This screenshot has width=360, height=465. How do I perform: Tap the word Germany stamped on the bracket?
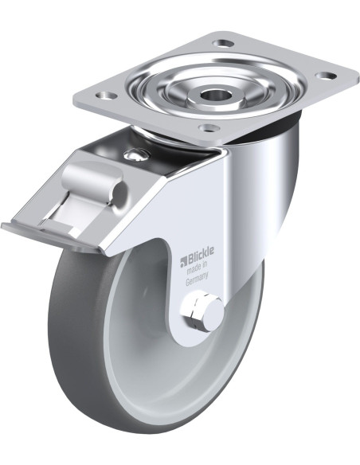197,279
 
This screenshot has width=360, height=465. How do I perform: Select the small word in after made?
205,266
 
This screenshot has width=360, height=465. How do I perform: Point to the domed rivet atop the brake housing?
135,154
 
